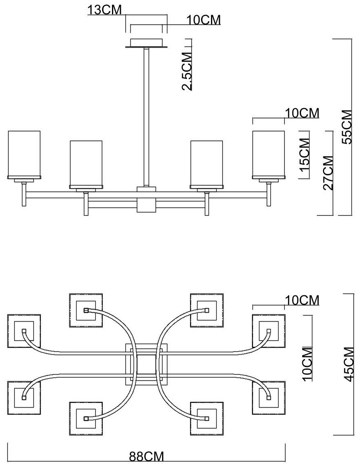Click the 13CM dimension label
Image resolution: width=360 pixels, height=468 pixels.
(x=105, y=10)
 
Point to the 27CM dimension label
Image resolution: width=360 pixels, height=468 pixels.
(x=328, y=173)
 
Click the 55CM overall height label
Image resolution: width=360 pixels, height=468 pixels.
(x=347, y=127)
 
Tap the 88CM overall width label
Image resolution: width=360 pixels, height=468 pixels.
(x=147, y=457)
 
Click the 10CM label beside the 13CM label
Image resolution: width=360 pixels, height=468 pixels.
(x=204, y=20)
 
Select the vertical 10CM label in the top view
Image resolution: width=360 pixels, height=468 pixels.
(x=307, y=364)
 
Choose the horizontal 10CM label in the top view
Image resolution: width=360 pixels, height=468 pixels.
(x=302, y=300)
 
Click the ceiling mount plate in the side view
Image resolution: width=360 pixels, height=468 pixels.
(x=147, y=43)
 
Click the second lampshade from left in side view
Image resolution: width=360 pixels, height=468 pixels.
(x=86, y=164)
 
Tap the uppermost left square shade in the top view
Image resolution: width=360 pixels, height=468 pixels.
(x=86, y=310)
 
